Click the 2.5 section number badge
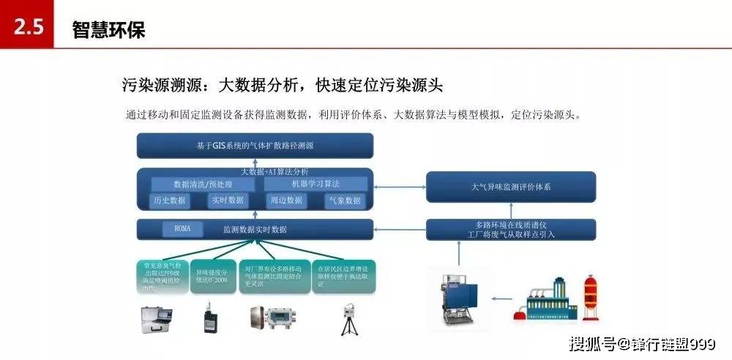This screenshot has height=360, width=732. pyautogui.click(x=27, y=27)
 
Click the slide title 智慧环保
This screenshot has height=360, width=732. pyautogui.click(x=109, y=29)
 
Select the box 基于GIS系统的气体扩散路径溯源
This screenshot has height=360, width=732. pyautogui.click(x=255, y=146)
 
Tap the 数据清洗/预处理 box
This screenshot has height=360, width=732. pyautogui.click(x=203, y=184)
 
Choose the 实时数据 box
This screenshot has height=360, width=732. pyautogui.click(x=227, y=200)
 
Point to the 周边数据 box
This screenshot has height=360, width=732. pyautogui.click(x=285, y=200)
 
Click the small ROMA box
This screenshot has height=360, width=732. pyautogui.click(x=182, y=229)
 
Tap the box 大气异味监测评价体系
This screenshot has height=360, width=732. pyautogui.click(x=511, y=187)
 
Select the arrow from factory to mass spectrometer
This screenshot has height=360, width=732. pyautogui.click(x=502, y=299)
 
